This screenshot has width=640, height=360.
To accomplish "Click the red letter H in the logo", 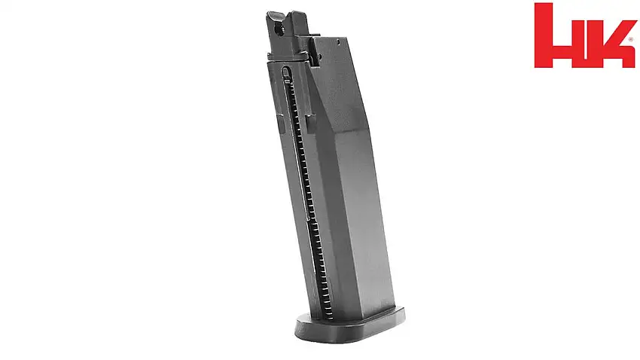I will [x=561, y=38].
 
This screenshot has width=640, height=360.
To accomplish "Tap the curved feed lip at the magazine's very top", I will [x=277, y=16].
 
